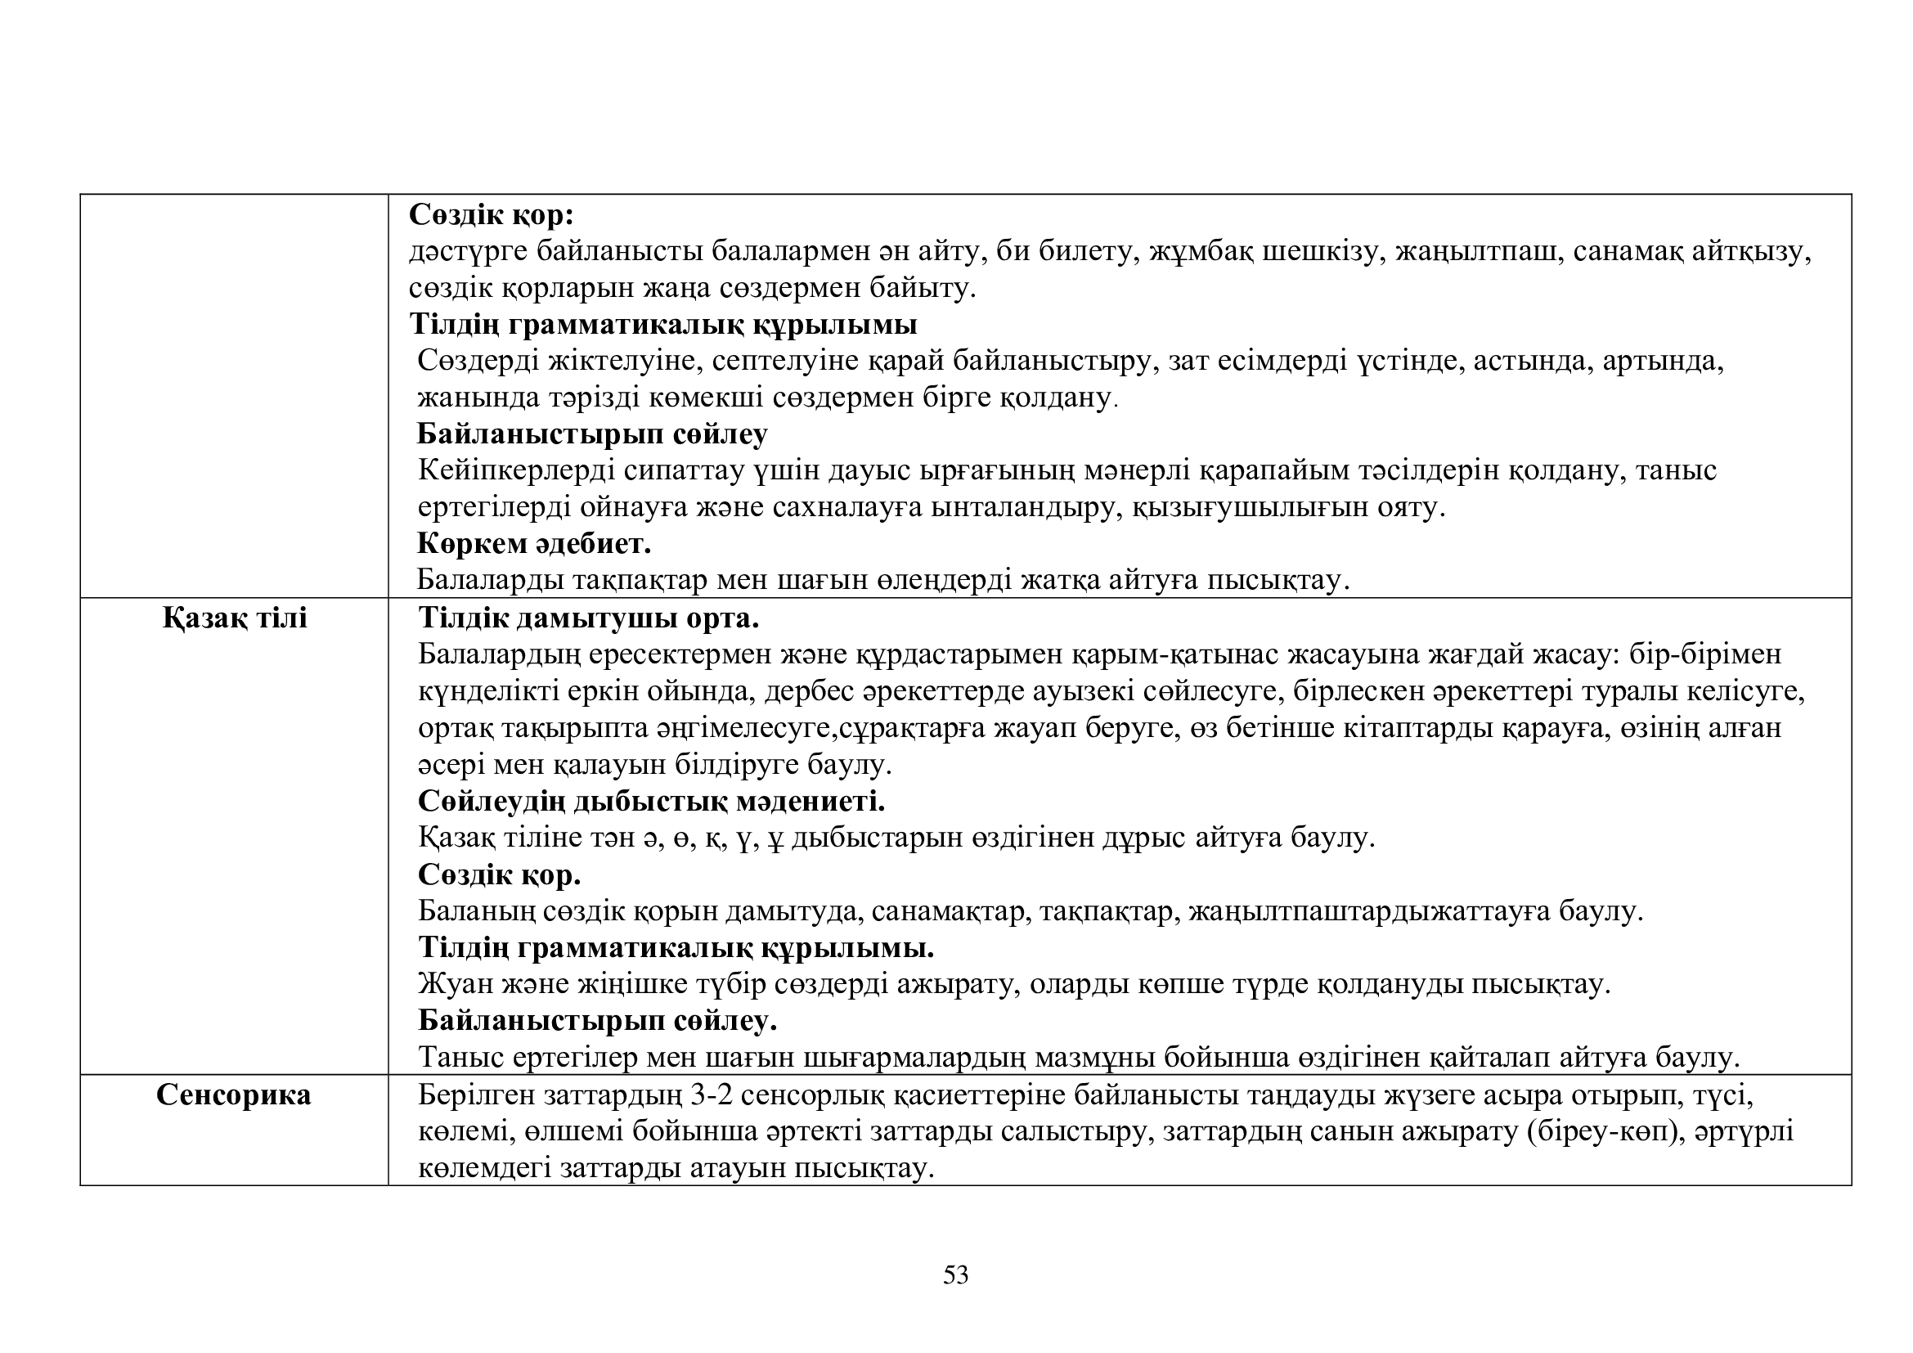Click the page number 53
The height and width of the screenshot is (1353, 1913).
click(x=955, y=1274)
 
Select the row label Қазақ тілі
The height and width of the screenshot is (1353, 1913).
click(x=235, y=618)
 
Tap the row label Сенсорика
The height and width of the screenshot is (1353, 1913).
click(x=233, y=1095)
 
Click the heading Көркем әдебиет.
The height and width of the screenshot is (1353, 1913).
click(x=534, y=544)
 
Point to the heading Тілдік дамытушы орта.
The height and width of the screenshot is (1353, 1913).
click(x=588, y=618)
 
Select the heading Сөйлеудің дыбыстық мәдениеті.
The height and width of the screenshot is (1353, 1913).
click(x=651, y=802)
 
